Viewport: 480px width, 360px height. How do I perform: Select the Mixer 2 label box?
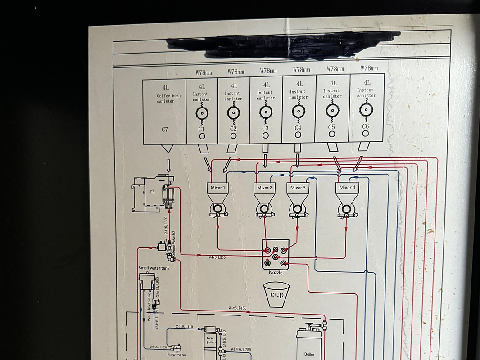(x=265, y=188)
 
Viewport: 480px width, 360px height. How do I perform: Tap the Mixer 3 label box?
(x=298, y=188)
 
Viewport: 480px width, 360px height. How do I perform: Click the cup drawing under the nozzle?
(x=276, y=295)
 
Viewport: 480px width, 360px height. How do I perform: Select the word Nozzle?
(x=276, y=273)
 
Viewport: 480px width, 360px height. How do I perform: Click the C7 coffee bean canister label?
(x=165, y=130)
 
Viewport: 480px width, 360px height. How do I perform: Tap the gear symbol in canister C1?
(x=202, y=113)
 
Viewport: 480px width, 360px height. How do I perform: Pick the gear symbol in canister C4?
(x=298, y=111)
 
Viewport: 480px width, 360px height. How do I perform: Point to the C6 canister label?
(x=365, y=126)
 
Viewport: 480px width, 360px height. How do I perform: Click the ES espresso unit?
(x=152, y=192)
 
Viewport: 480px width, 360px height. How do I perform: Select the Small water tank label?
(x=154, y=268)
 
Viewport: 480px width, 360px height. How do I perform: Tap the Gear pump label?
(x=211, y=339)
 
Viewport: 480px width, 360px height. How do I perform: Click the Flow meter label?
(x=177, y=354)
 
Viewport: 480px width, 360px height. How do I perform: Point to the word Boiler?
(x=309, y=354)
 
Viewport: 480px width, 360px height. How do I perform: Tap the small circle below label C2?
(x=233, y=135)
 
